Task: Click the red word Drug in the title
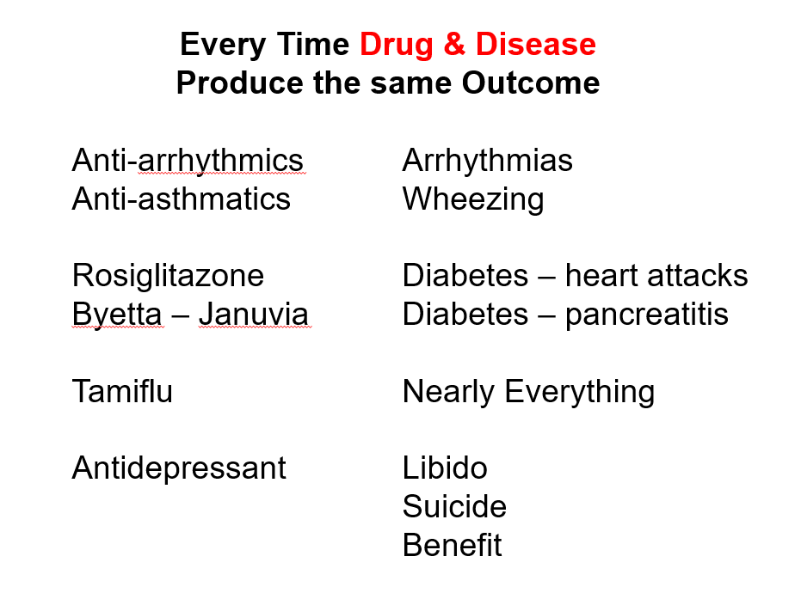[397, 46]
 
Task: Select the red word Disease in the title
[536, 44]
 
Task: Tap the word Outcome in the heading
[531, 83]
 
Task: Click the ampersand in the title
[454, 44]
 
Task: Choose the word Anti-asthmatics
[182, 199]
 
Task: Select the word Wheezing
[473, 200]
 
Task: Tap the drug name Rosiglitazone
[168, 277]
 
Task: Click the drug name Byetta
[117, 315]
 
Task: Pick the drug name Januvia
[253, 314]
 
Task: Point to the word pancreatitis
[647, 315]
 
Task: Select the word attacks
[697, 276]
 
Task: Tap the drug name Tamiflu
[122, 391]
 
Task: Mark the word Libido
[445, 468]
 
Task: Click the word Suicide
[454, 506]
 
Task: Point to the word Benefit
[452, 545]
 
